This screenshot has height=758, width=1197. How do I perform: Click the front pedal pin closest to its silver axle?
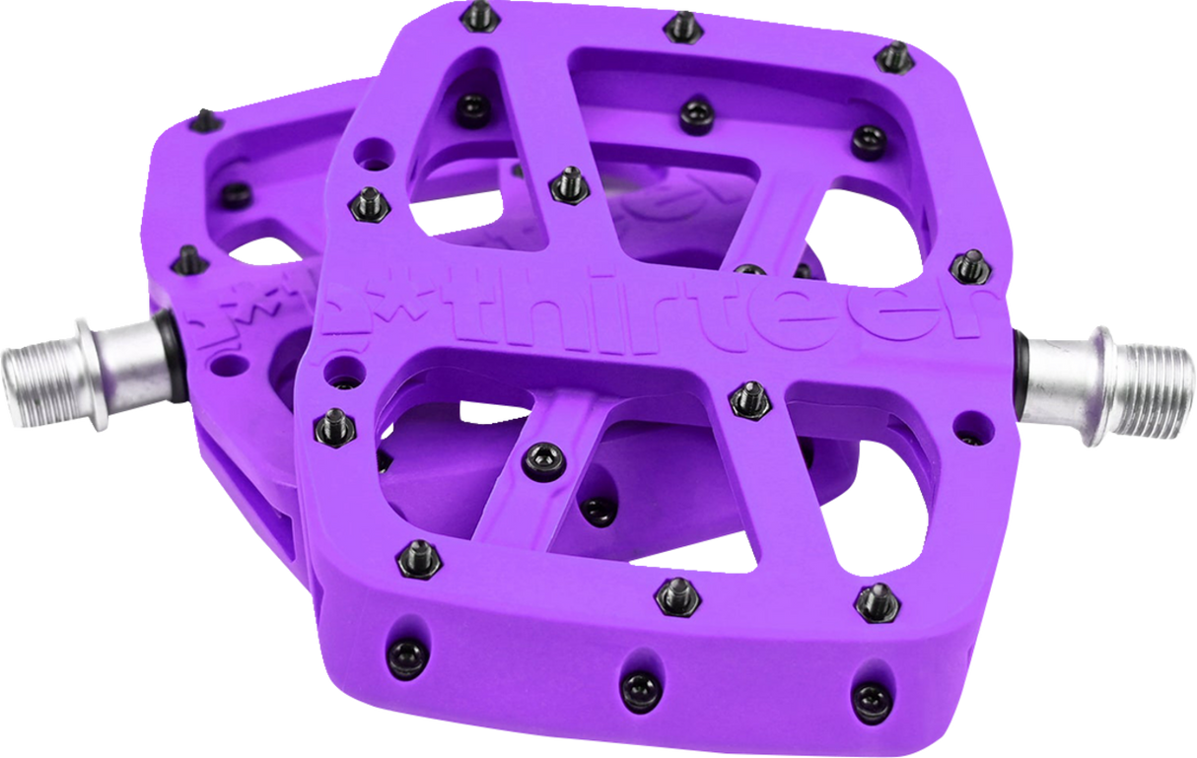coord(968,265)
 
